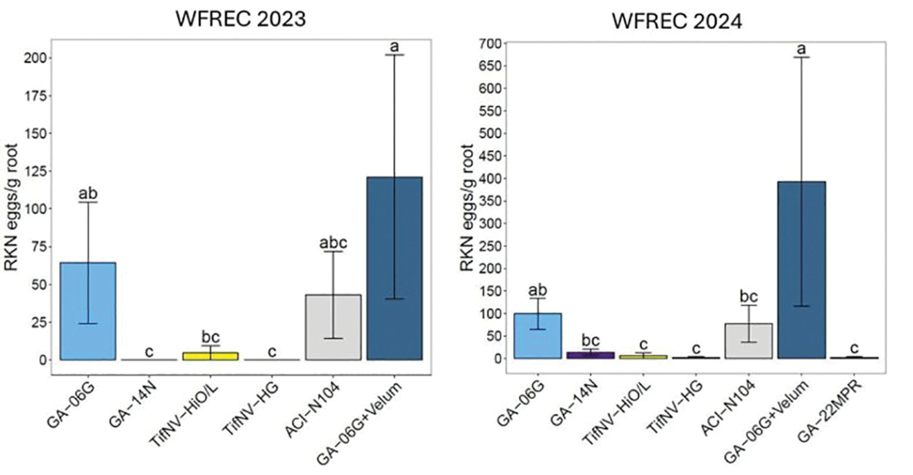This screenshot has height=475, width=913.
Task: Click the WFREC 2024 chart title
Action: pos(677,21)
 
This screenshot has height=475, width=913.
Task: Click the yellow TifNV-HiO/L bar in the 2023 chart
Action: pos(210,356)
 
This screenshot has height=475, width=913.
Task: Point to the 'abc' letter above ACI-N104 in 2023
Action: pos(333,243)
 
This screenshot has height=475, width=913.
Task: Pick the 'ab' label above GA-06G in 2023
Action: pos(88,194)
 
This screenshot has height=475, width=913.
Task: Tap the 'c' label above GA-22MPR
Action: pos(854,348)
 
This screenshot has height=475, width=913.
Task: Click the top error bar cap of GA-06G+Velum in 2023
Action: pos(394,55)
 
